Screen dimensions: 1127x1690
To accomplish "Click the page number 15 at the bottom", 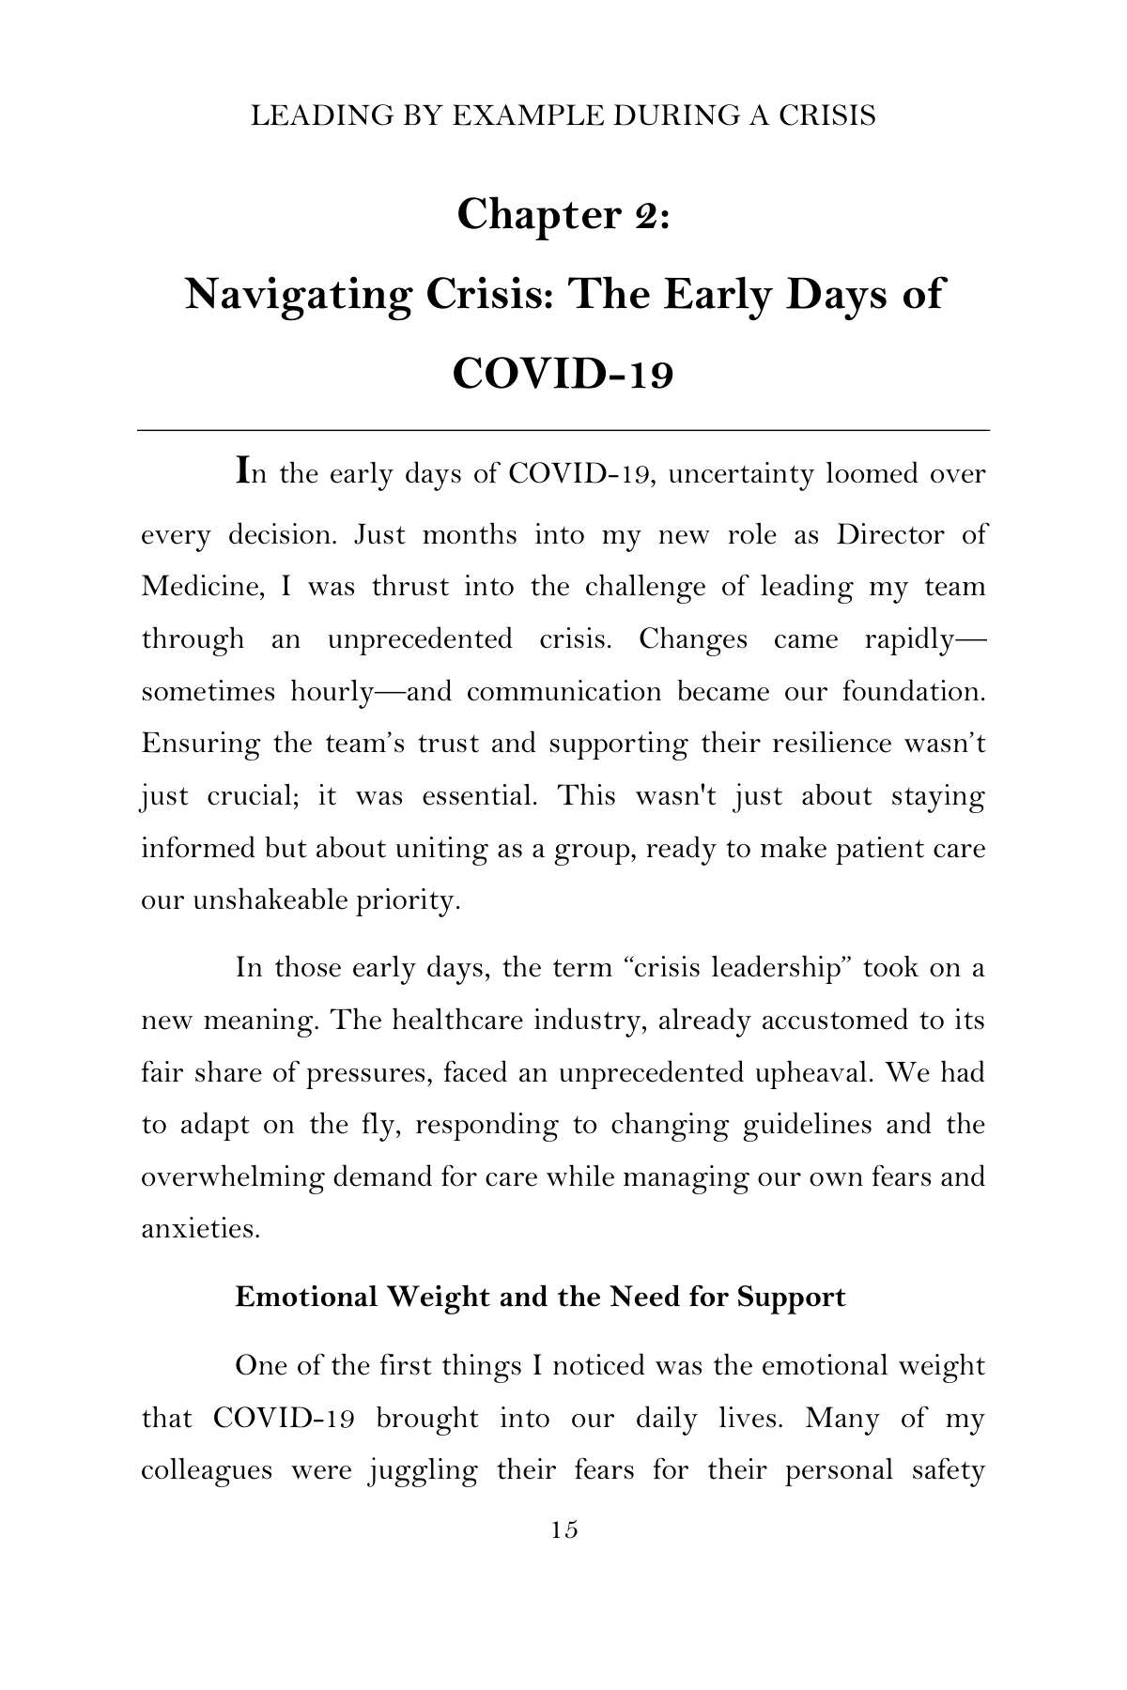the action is [x=564, y=1529].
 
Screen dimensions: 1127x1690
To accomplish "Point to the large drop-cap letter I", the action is [x=242, y=469].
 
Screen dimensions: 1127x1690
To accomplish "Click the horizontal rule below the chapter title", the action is [x=563, y=430].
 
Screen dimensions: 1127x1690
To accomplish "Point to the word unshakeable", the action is [x=270, y=901].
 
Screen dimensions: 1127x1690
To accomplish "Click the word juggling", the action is [x=422, y=1469].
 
